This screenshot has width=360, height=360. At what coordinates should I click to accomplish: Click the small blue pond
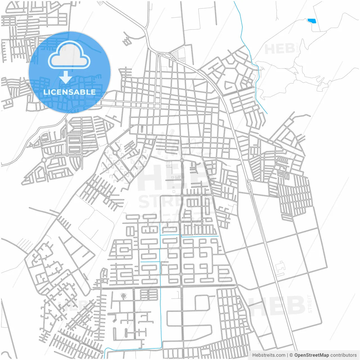tap(312, 21)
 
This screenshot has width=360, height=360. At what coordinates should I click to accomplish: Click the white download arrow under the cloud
tap(66, 77)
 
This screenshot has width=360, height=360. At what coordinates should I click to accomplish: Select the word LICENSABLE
tap(69, 92)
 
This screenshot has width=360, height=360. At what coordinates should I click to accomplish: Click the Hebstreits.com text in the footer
tap(269, 355)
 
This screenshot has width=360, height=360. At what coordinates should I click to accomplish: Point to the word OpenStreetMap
tap(312, 355)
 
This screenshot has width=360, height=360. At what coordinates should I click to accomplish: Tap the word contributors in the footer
tap(343, 355)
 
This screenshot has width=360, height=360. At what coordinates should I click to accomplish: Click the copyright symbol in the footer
tap(291, 355)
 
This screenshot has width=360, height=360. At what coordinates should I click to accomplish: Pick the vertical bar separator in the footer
tap(287, 355)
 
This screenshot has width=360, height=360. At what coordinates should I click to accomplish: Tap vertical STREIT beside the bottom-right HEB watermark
tap(310, 304)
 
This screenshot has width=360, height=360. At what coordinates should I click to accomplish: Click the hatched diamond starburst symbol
tap(123, 296)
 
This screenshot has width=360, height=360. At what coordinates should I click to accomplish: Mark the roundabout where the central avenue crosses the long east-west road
tap(181, 286)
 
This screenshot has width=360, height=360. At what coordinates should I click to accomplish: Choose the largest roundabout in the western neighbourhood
tap(44, 160)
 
